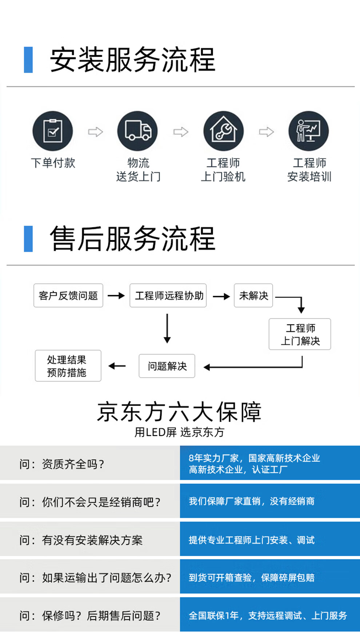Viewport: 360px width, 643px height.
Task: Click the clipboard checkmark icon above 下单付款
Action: pyautogui.click(x=53, y=131)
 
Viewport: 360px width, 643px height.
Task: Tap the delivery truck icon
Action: pyautogui.click(x=137, y=131)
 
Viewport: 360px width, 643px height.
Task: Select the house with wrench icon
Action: pyautogui.click(x=223, y=131)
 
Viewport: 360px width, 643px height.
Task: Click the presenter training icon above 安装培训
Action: pyautogui.click(x=308, y=131)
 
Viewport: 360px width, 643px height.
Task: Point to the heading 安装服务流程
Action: pyautogui.click(x=133, y=60)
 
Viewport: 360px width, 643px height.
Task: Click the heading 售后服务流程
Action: pyautogui.click(x=133, y=239)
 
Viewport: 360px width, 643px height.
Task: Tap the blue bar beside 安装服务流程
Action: pyautogui.click(x=28, y=60)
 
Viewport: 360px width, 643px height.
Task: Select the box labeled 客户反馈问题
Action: pyautogui.click(x=68, y=295)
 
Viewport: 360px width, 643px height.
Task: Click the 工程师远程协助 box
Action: pyautogui.click(x=168, y=295)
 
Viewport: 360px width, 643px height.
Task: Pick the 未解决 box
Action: pyautogui.click(x=253, y=295)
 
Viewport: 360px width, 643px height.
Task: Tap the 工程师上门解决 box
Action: pyautogui.click(x=300, y=334)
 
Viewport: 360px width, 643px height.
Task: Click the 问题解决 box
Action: pyautogui.click(x=167, y=366)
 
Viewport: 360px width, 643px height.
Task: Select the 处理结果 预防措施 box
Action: pyautogui.click(x=68, y=366)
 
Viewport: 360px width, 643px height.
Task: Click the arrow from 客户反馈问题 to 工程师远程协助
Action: pyautogui.click(x=116, y=296)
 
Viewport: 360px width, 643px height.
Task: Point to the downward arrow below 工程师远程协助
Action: pyautogui.click(x=167, y=329)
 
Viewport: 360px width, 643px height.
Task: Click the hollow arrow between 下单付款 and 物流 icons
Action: pyautogui.click(x=95, y=131)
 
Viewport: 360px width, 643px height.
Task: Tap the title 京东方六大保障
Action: pyautogui.click(x=179, y=412)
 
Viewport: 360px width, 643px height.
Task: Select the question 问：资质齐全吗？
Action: pyautogui.click(x=62, y=464)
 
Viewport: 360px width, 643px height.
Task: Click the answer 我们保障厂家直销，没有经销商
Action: pyautogui.click(x=252, y=501)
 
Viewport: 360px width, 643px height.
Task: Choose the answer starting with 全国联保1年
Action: pyautogui.click(x=268, y=615)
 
